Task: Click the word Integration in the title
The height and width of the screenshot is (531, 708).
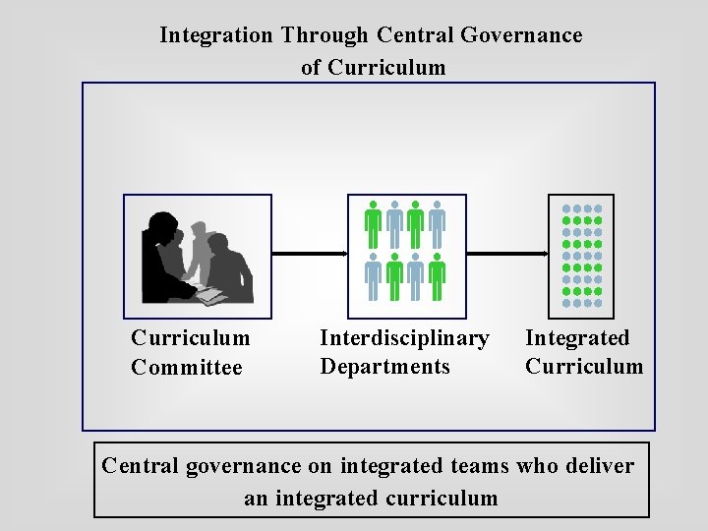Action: pyautogui.click(x=215, y=35)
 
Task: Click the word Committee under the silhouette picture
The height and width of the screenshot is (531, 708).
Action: pyautogui.click(x=186, y=368)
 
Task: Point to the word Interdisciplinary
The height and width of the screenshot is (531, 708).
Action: pyautogui.click(x=404, y=338)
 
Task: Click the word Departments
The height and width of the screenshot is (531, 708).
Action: pyautogui.click(x=384, y=367)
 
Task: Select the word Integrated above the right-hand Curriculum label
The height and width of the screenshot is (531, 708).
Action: pyautogui.click(x=577, y=338)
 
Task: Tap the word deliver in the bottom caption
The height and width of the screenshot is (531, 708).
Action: pyautogui.click(x=601, y=465)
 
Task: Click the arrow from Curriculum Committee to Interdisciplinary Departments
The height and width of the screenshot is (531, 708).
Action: pyautogui.click(x=310, y=254)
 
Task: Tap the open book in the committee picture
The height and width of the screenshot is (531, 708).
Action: pyautogui.click(x=211, y=294)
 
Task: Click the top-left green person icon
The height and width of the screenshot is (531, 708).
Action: pyautogui.click(x=373, y=224)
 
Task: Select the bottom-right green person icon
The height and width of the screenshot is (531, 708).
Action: pyautogui.click(x=437, y=278)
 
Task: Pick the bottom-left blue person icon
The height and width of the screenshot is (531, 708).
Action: pyautogui.click(x=373, y=278)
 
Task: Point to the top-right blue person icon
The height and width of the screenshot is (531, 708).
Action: pyautogui.click(x=437, y=224)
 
